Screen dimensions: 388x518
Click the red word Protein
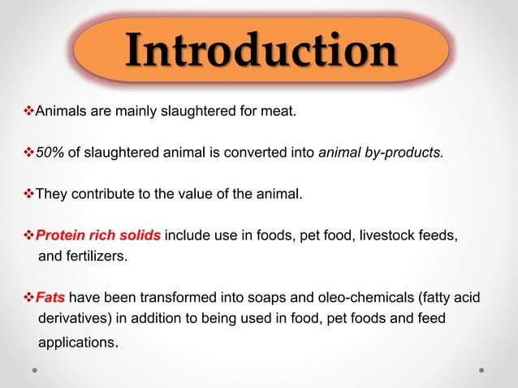pyautogui.click(x=62, y=235)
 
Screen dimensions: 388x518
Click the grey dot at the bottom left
pyautogui.click(x=36, y=370)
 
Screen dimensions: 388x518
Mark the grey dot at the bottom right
pyautogui.click(x=482, y=370)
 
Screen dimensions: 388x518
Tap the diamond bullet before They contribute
pyautogui.click(x=31, y=194)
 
